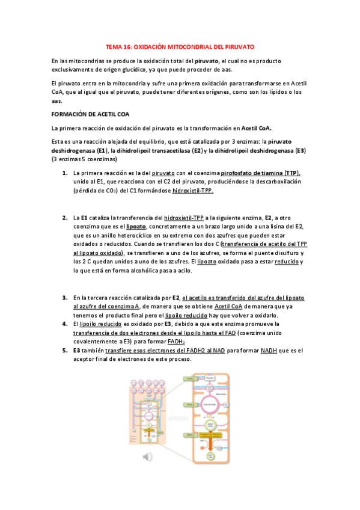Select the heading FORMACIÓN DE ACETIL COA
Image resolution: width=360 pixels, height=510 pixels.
pyautogui.click(x=90, y=113)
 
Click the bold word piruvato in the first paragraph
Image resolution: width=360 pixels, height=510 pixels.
pyautogui.click(x=206, y=61)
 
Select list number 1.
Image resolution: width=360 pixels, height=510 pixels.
pyautogui.click(x=64, y=173)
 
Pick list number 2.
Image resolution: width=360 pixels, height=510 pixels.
pyautogui.click(x=64, y=217)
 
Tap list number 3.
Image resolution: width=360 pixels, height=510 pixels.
pyautogui.click(x=64, y=297)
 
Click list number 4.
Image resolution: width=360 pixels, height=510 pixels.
pyautogui.click(x=64, y=324)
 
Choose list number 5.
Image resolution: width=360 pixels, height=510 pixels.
pyautogui.click(x=64, y=350)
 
